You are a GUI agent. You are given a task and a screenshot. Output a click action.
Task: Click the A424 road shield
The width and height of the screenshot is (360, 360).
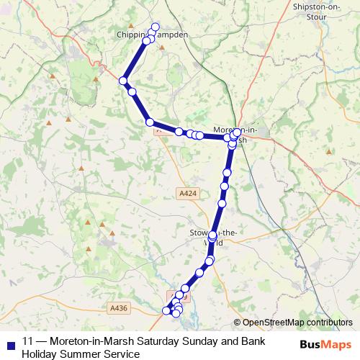pos(186,193)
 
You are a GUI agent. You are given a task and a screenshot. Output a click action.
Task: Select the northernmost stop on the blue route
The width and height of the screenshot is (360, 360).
pos(154,27)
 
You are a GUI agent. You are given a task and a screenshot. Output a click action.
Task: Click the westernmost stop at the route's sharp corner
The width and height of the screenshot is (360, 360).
pos(124,80)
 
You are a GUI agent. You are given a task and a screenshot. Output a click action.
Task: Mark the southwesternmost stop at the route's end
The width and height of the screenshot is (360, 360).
pos(167,311)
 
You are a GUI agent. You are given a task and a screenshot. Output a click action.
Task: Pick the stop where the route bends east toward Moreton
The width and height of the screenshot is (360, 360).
pos(149,122)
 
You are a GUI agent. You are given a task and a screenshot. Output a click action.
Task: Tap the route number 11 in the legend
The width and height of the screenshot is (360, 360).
pos(27,341)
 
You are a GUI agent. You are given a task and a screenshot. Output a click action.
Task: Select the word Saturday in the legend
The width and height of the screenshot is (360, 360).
pos(160,341)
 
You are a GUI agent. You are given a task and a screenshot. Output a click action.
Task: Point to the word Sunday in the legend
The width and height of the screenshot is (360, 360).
pos(204,341)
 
